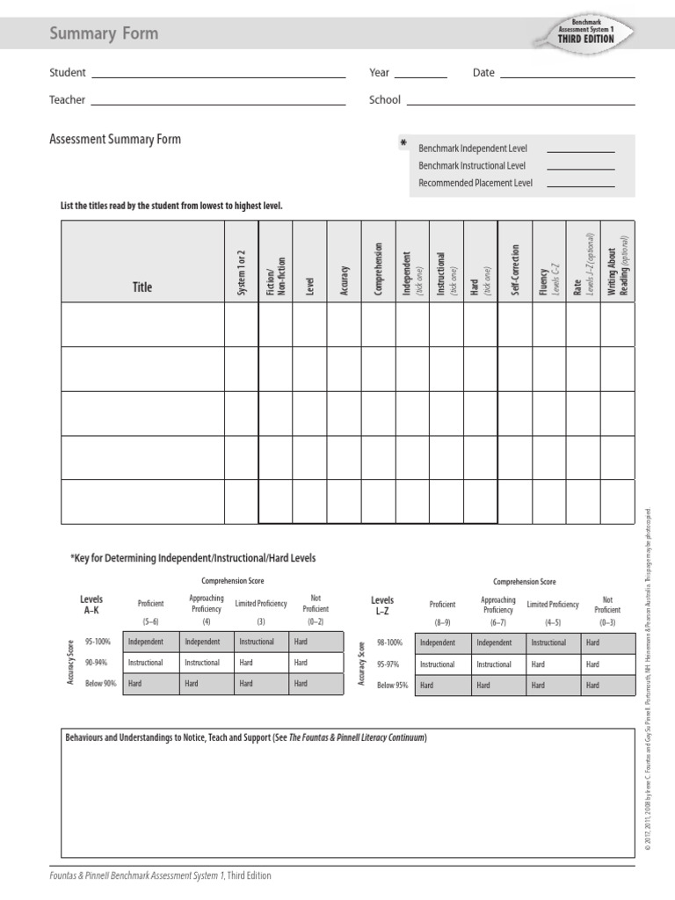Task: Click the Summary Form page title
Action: click(105, 33)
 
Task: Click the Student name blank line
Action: click(217, 77)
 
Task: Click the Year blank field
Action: click(420, 77)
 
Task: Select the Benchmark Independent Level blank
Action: click(580, 152)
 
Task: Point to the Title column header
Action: click(142, 287)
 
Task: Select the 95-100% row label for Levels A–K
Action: click(98, 642)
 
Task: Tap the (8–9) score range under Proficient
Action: click(442, 621)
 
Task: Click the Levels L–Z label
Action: click(383, 605)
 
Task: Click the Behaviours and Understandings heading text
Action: click(247, 737)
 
